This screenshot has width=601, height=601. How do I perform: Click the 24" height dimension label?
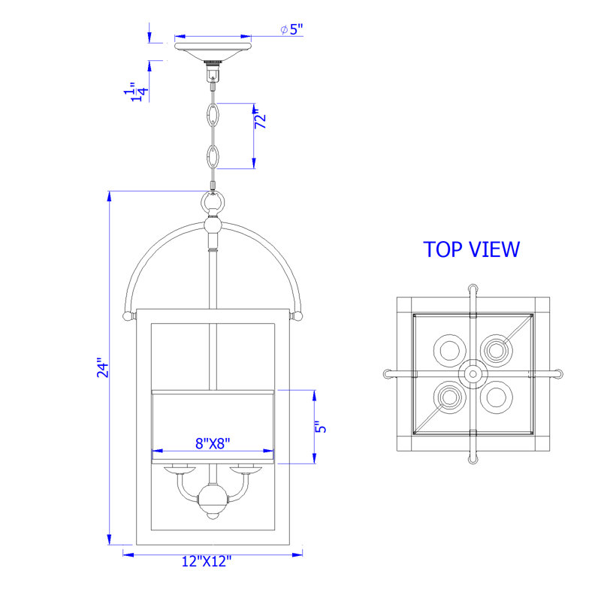point(103,368)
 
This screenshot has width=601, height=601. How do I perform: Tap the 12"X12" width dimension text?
point(207,561)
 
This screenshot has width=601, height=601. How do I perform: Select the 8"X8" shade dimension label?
point(213,443)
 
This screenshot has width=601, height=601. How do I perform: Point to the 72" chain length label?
point(260,119)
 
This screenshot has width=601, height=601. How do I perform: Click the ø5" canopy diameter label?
point(291,29)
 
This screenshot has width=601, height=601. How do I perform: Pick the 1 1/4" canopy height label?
point(137,92)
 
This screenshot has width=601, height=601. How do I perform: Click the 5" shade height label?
point(321,427)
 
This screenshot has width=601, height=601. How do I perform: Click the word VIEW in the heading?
point(495,249)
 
